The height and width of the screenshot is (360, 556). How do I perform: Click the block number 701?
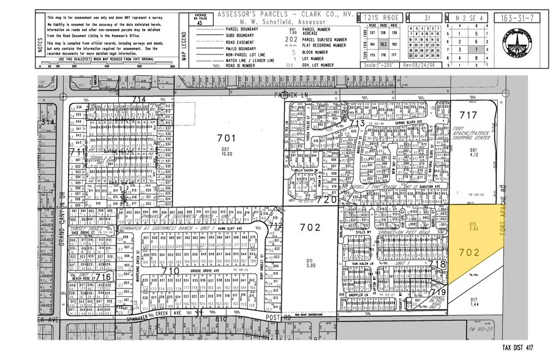[225, 138]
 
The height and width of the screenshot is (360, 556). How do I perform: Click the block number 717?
[468, 114]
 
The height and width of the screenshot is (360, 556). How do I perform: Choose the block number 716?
[105, 277]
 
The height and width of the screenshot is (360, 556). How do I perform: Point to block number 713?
[357, 124]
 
